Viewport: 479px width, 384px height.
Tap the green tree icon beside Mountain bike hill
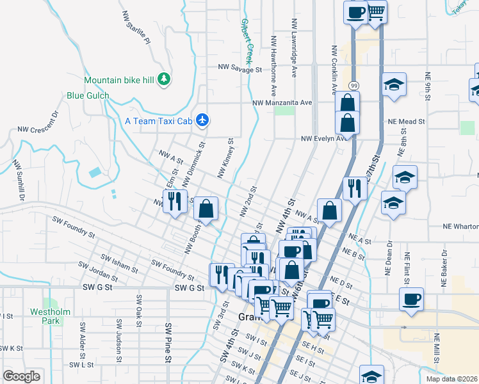coord(165,79)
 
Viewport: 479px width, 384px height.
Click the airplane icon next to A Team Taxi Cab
coord(203,120)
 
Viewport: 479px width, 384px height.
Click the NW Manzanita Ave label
coord(282,102)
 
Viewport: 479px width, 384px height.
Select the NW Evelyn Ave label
coord(327,138)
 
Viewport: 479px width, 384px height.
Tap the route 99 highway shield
coord(353,85)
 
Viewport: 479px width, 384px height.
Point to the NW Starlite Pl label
coord(136,28)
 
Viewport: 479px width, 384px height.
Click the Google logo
coord(21,376)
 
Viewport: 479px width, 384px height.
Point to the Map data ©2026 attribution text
coord(452,379)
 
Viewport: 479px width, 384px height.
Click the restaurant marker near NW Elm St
coord(174,202)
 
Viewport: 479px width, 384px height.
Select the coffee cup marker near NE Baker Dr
coord(410,299)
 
